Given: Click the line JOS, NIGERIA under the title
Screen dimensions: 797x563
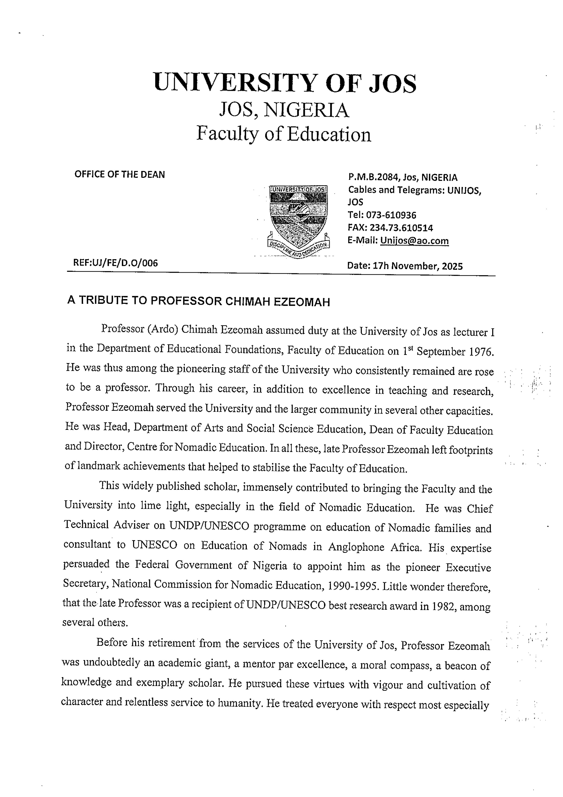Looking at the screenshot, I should click(284, 110).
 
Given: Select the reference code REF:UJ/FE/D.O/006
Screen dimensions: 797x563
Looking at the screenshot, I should click(116, 263).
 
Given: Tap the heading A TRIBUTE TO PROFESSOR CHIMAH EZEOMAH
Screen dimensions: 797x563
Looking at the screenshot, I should click(198, 301).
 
